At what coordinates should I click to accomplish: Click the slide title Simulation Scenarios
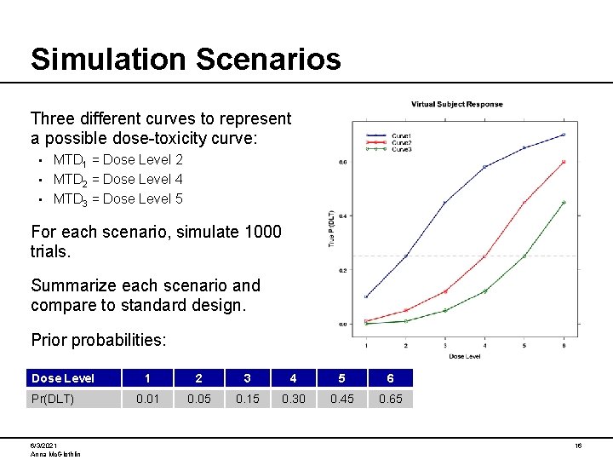(185, 59)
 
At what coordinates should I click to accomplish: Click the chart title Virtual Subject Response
(456, 104)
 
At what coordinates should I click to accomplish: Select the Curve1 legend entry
(401, 135)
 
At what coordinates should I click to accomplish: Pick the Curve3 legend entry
(401, 149)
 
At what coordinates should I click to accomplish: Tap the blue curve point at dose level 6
(563, 135)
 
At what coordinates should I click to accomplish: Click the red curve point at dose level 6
(563, 162)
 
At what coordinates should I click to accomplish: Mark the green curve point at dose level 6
(563, 203)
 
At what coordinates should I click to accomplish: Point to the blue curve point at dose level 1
(366, 296)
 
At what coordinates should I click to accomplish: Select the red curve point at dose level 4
(484, 256)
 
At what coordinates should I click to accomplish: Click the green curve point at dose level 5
(524, 256)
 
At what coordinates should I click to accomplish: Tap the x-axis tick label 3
(444, 345)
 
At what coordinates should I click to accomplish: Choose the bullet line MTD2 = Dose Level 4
(117, 179)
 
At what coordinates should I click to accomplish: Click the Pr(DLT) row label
(52, 399)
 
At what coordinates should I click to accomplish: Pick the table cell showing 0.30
(294, 399)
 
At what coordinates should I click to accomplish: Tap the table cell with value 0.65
(391, 399)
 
